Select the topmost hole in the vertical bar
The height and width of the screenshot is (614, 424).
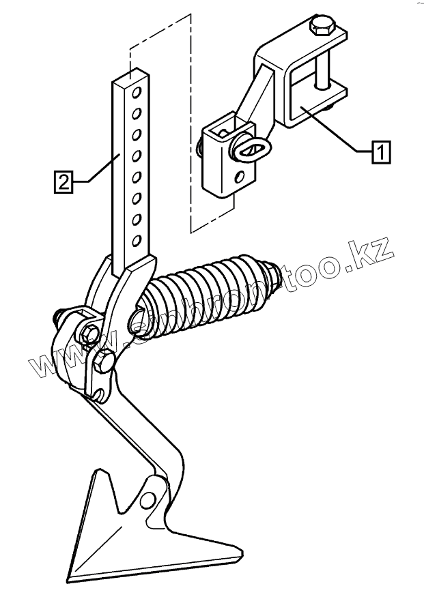pyautogui.click(x=137, y=91)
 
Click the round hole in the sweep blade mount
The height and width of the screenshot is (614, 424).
pyautogui.click(x=147, y=503)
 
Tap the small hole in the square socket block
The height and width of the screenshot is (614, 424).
pyautogui.click(x=239, y=178)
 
